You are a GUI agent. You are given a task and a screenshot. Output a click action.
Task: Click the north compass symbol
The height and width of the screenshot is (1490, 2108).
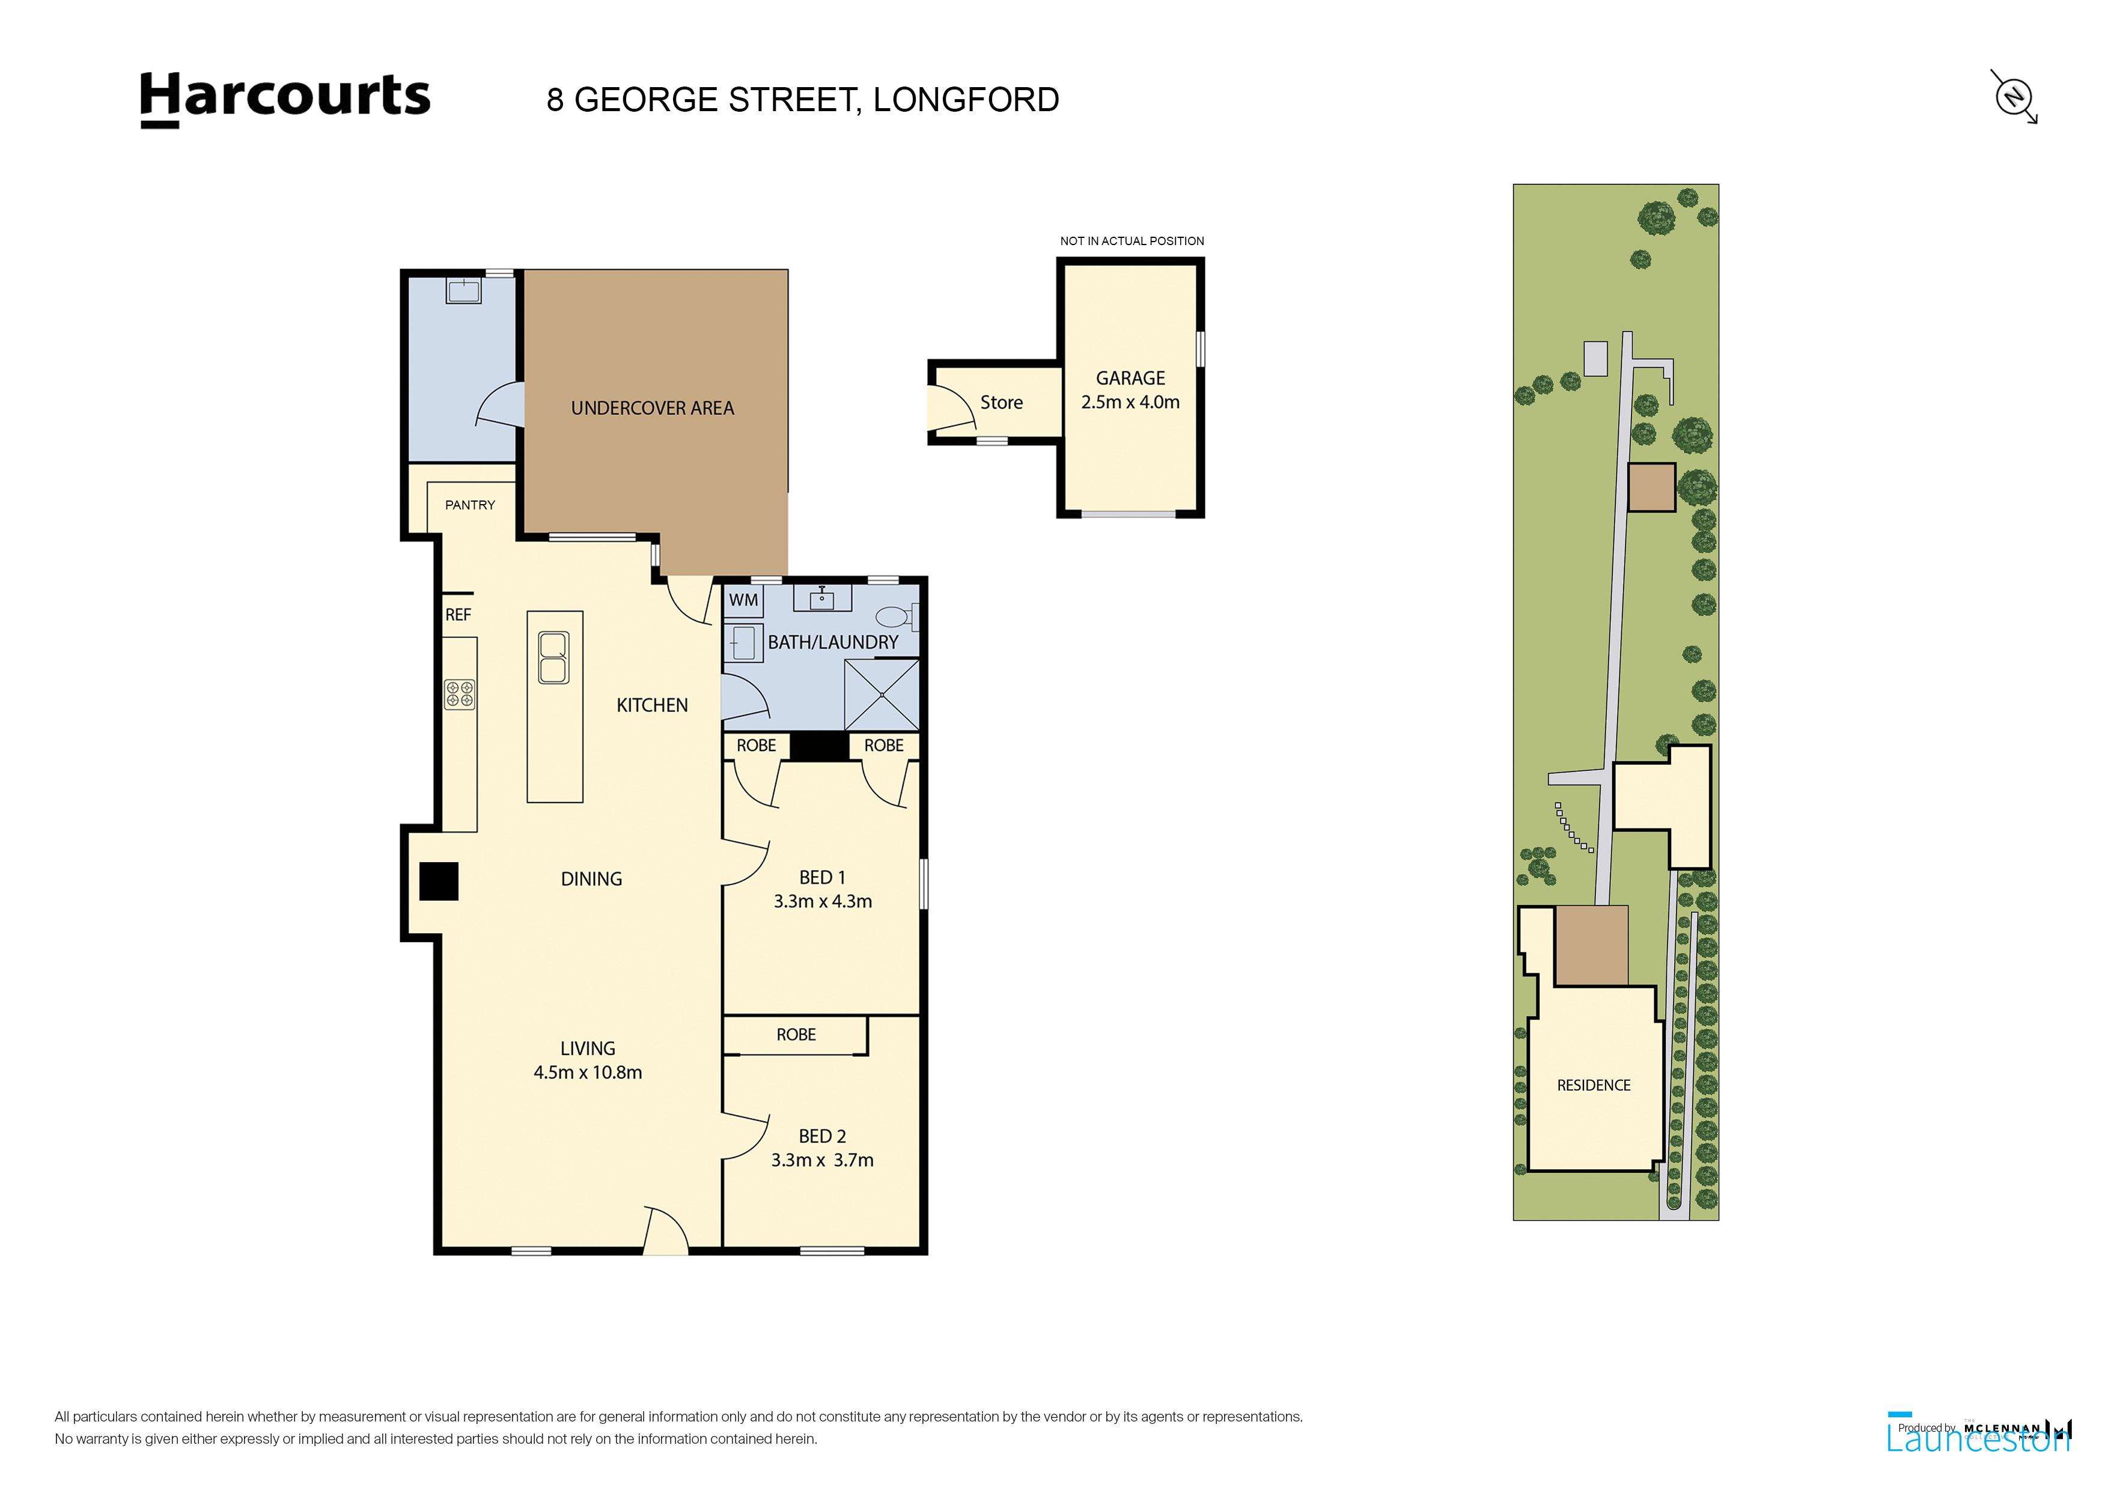click(x=2014, y=96)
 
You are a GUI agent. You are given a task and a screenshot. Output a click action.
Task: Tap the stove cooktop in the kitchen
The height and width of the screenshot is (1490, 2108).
click(x=460, y=694)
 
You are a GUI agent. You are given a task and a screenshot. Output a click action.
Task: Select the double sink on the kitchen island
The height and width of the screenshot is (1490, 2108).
click(x=553, y=657)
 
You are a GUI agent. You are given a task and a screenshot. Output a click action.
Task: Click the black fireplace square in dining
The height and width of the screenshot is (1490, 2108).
click(x=439, y=881)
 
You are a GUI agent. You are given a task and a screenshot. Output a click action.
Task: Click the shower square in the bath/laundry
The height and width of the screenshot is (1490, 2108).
click(x=882, y=695)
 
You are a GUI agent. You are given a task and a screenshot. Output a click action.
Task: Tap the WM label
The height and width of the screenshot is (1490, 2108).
click(x=744, y=600)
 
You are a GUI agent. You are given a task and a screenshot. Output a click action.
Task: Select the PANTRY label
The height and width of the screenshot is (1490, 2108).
click(x=470, y=505)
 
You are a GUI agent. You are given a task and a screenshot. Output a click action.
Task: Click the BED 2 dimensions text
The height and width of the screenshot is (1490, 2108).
click(x=821, y=1160)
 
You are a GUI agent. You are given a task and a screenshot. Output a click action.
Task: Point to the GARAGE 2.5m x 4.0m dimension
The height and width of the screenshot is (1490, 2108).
click(x=1130, y=402)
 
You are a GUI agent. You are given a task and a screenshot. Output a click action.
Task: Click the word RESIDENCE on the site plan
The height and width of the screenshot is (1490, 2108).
click(x=1594, y=1085)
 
